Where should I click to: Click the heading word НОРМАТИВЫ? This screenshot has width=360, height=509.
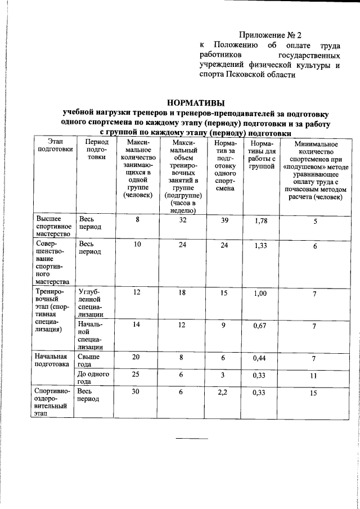pos(196,102)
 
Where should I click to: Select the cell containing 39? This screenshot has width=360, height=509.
pos(225,221)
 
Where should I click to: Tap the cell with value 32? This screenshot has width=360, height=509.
pos(183,221)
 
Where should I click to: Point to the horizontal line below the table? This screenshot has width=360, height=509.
pos(192,438)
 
